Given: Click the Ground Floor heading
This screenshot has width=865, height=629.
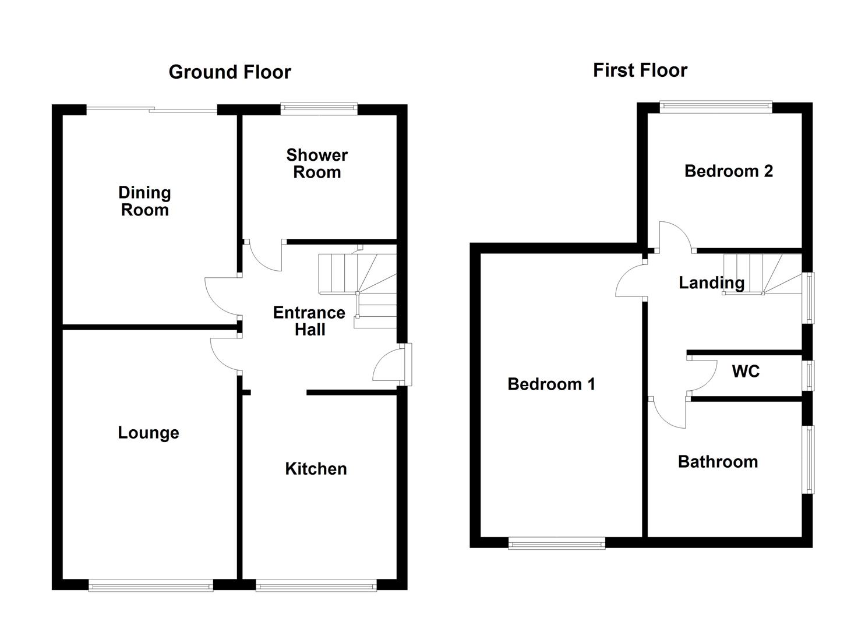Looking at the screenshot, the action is [230, 72].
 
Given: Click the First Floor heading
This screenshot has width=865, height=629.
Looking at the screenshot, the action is [640, 70].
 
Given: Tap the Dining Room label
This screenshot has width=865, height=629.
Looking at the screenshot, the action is [145, 201].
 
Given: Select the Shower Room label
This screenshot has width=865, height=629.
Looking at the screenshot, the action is [317, 164].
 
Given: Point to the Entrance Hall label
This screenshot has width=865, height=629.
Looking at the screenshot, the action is [309, 321].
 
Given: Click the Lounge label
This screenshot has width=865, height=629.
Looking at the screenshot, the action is [149, 433].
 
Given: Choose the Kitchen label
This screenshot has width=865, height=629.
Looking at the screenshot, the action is [316, 469].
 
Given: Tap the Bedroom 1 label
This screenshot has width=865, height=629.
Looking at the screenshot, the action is [551, 384].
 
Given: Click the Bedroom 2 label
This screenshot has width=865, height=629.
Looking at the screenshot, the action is [729, 171].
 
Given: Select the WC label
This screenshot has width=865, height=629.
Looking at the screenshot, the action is [746, 371].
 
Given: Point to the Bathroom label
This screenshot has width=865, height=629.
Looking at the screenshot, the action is [718, 462].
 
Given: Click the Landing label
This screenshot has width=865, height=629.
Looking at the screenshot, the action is [712, 282].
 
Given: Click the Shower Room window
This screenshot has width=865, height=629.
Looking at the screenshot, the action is [319, 109].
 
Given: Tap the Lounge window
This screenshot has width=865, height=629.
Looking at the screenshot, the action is [151, 586].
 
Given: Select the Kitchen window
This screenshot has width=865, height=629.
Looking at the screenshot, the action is [316, 586].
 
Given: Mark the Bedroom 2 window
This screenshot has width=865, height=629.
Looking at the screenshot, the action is [716, 107].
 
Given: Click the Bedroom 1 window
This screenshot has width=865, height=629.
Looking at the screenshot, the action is [556, 543].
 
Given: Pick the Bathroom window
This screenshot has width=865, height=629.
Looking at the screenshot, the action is [808, 460].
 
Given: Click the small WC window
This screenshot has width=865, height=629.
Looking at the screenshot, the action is [808, 375].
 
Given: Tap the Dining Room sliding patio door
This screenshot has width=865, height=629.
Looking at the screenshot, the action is [152, 110].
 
